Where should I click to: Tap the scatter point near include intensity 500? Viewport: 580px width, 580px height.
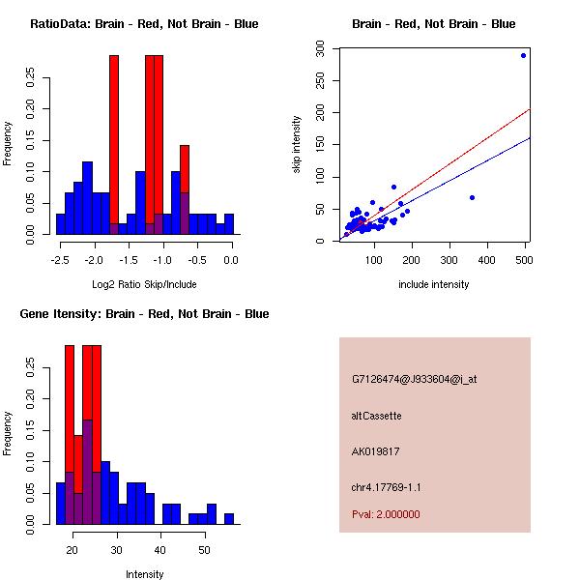[x=523, y=55]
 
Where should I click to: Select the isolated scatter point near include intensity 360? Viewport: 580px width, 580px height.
[x=472, y=197]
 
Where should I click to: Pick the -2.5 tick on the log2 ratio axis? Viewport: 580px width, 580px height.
[x=60, y=260]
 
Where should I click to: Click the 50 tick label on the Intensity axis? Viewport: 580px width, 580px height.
[x=204, y=550]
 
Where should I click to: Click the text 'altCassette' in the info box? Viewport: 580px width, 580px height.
[x=377, y=416]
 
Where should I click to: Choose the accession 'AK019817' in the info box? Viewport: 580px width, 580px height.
[x=376, y=450]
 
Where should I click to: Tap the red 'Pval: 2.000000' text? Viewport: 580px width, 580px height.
[x=386, y=514]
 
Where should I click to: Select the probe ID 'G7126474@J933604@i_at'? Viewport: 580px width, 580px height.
[x=415, y=379]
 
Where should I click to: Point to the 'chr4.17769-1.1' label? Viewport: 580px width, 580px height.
[x=387, y=487]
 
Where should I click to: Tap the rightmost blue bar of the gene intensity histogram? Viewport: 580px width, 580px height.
[x=229, y=518]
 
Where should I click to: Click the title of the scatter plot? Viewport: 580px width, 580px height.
[x=434, y=24]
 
